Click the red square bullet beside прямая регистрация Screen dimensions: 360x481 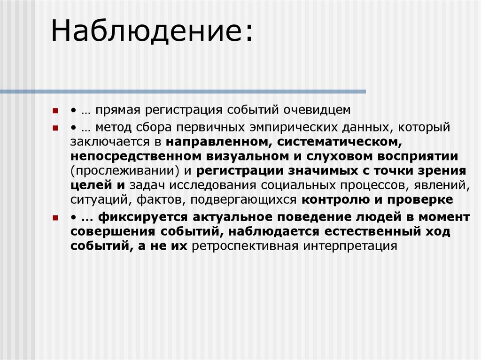coord(55,111)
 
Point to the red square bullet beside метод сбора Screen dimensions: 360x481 coord(55,128)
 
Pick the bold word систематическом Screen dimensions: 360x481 coord(338,142)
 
